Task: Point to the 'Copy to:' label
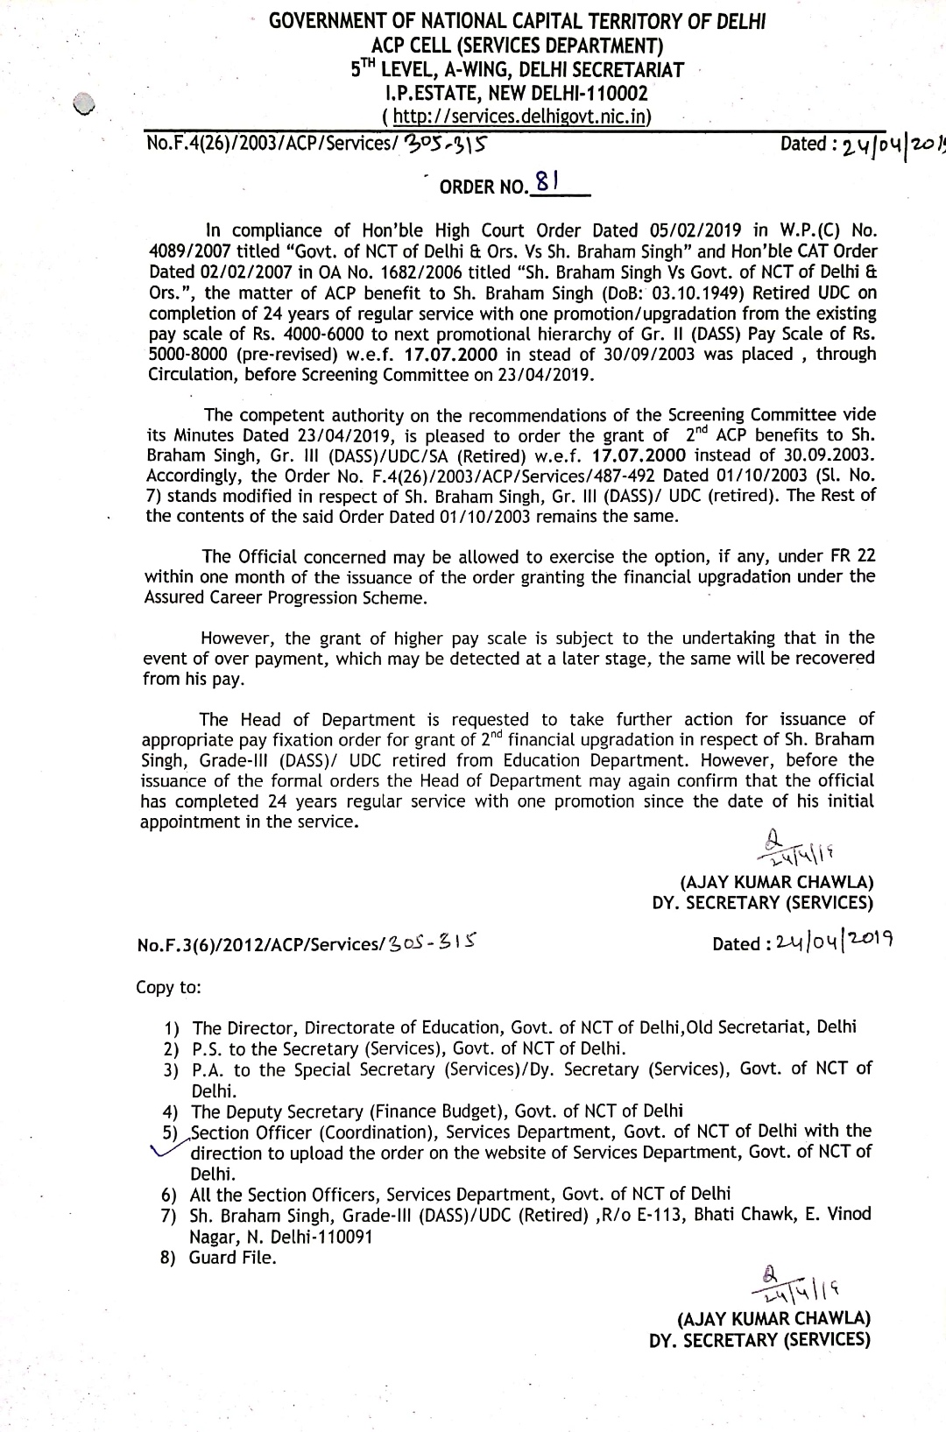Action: click(x=168, y=987)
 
